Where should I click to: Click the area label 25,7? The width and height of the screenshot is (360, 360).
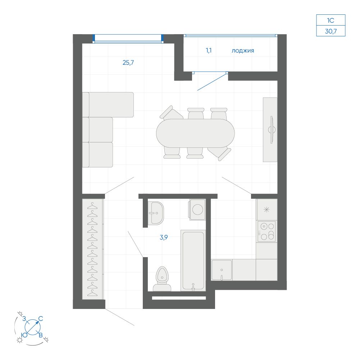click(x=128, y=63)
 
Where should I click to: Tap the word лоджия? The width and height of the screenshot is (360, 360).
click(x=243, y=51)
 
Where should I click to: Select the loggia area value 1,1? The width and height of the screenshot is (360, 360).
click(x=209, y=50)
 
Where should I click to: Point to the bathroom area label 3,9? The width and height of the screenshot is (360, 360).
click(x=164, y=237)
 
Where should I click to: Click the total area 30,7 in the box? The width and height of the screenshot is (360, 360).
click(x=331, y=31)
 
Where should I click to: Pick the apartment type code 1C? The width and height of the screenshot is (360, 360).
click(x=331, y=20)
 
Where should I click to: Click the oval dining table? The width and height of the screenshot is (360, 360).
click(x=195, y=133)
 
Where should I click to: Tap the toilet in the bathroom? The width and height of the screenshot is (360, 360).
click(x=162, y=279)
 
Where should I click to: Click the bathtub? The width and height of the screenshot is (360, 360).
click(x=193, y=260)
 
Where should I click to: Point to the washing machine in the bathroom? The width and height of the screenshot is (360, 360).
click(x=197, y=209)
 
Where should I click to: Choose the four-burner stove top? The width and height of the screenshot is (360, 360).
click(x=266, y=232)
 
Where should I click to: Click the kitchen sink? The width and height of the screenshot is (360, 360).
click(x=222, y=270)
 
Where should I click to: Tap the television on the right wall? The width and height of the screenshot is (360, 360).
click(x=272, y=130)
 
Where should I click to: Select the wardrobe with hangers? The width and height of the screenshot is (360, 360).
click(x=93, y=249)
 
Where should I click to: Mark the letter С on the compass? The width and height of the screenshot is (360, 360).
click(x=41, y=319)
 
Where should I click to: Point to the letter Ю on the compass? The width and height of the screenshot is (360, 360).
click(x=24, y=335)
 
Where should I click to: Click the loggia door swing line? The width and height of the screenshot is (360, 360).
click(x=212, y=82)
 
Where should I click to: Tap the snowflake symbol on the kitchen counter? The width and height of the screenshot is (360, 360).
click(x=266, y=209)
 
